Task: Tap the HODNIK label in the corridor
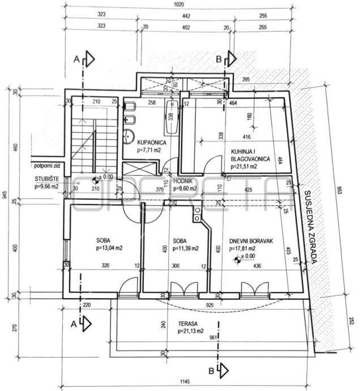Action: click(x=184, y=182)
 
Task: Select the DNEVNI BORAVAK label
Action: click(x=251, y=241)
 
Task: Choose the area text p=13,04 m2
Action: click(x=110, y=248)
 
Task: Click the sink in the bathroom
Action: click(x=129, y=135)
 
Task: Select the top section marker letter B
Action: click(x=219, y=57)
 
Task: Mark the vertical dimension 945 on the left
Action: click(x=4, y=195)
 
